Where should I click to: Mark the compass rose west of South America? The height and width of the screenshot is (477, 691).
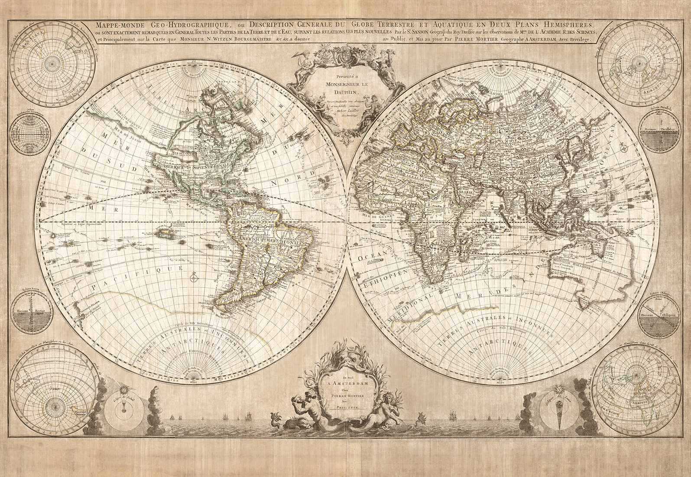[x=194, y=274]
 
